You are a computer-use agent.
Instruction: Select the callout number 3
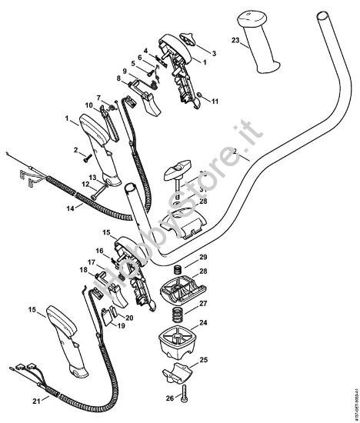coord(214,52)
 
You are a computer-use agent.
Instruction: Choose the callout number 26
coord(170,397)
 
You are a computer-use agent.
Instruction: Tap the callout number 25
coord(205,359)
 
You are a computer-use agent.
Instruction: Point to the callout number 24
coord(204,321)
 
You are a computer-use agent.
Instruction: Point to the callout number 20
coord(130,317)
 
